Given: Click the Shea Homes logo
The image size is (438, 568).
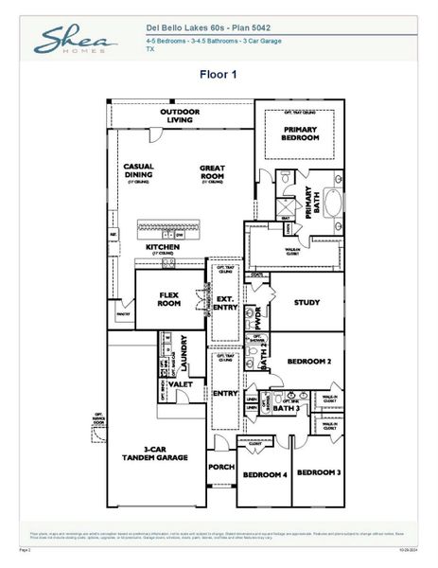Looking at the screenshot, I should (x=76, y=40).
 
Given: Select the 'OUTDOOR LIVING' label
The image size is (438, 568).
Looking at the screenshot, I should (x=181, y=115).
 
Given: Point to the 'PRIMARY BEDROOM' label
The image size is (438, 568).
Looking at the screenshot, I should (x=300, y=133).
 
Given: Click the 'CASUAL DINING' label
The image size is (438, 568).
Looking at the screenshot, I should (x=139, y=170).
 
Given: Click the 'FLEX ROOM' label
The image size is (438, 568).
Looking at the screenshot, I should (x=169, y=299).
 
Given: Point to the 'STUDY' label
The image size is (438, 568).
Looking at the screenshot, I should (x=307, y=304).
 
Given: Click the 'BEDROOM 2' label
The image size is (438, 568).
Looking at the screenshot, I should (x=308, y=362).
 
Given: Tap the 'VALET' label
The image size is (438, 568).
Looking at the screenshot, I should (x=180, y=384).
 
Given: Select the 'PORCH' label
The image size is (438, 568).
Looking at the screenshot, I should (x=220, y=466).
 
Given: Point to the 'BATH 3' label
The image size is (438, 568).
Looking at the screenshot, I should (x=287, y=410).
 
